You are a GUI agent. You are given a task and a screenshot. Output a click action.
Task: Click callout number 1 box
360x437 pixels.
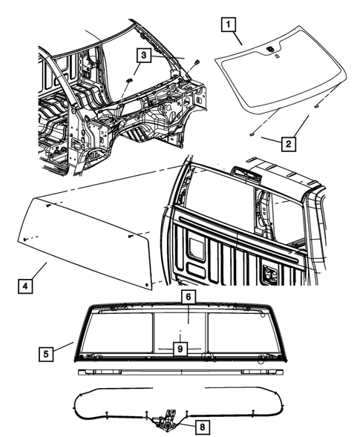(230, 25)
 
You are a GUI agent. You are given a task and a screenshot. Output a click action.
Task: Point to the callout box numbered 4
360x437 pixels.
(26, 283)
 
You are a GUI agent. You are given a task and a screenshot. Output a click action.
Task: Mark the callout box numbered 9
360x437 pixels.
(179, 346)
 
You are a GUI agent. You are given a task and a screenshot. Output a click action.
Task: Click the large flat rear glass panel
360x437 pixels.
(89, 237)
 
